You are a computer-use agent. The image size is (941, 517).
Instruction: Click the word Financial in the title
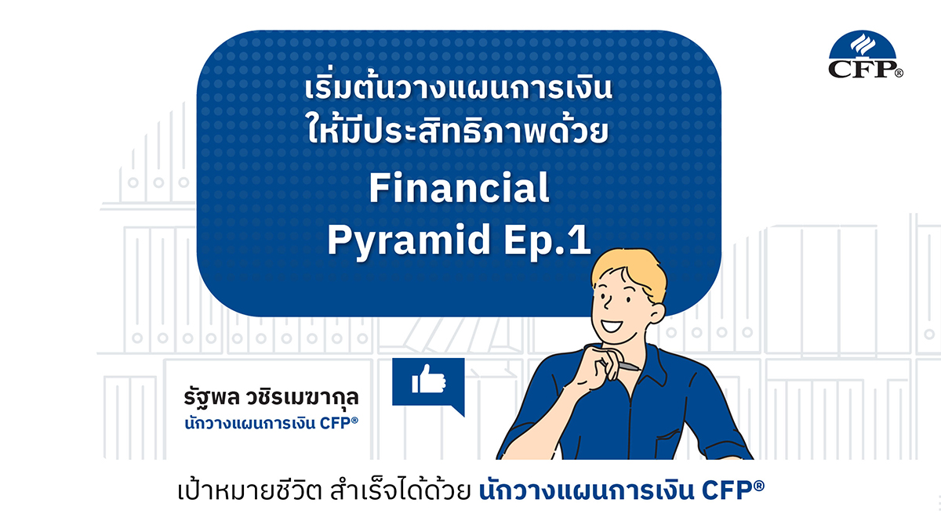tap(458, 190)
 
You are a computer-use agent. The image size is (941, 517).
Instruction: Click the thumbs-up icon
tap(429, 381)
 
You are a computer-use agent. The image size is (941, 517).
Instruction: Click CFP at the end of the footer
tap(739, 490)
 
